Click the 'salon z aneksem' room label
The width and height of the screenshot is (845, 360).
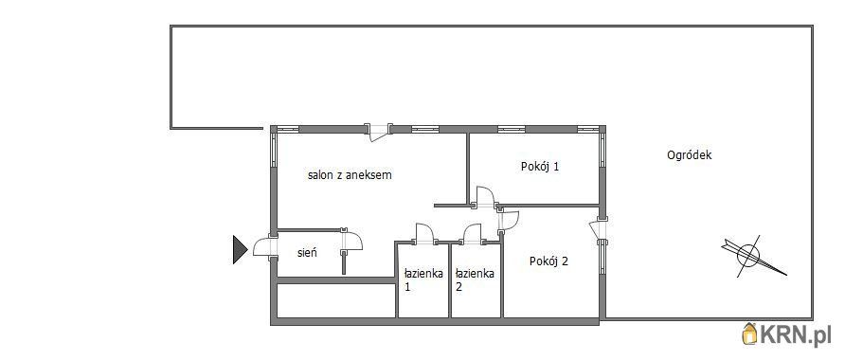click(x=350, y=175)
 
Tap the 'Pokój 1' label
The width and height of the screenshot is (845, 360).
click(x=539, y=167)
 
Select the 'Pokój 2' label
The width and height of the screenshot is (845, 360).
click(x=549, y=261)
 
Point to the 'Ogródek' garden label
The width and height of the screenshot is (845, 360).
click(x=690, y=155)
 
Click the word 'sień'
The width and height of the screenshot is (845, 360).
click(x=307, y=252)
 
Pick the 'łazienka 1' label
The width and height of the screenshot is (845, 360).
click(x=423, y=279)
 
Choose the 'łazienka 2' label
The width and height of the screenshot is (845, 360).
click(x=475, y=279)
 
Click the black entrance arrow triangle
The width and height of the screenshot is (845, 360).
click(x=240, y=249)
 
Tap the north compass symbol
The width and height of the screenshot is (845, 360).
click(x=753, y=256)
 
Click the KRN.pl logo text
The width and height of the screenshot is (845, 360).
click(x=795, y=335)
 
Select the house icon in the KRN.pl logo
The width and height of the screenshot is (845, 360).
click(x=750, y=334)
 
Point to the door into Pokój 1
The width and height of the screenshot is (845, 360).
click(x=483, y=197)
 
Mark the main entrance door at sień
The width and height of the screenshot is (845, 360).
click(x=265, y=247)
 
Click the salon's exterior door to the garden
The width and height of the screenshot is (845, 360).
click(x=378, y=133)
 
